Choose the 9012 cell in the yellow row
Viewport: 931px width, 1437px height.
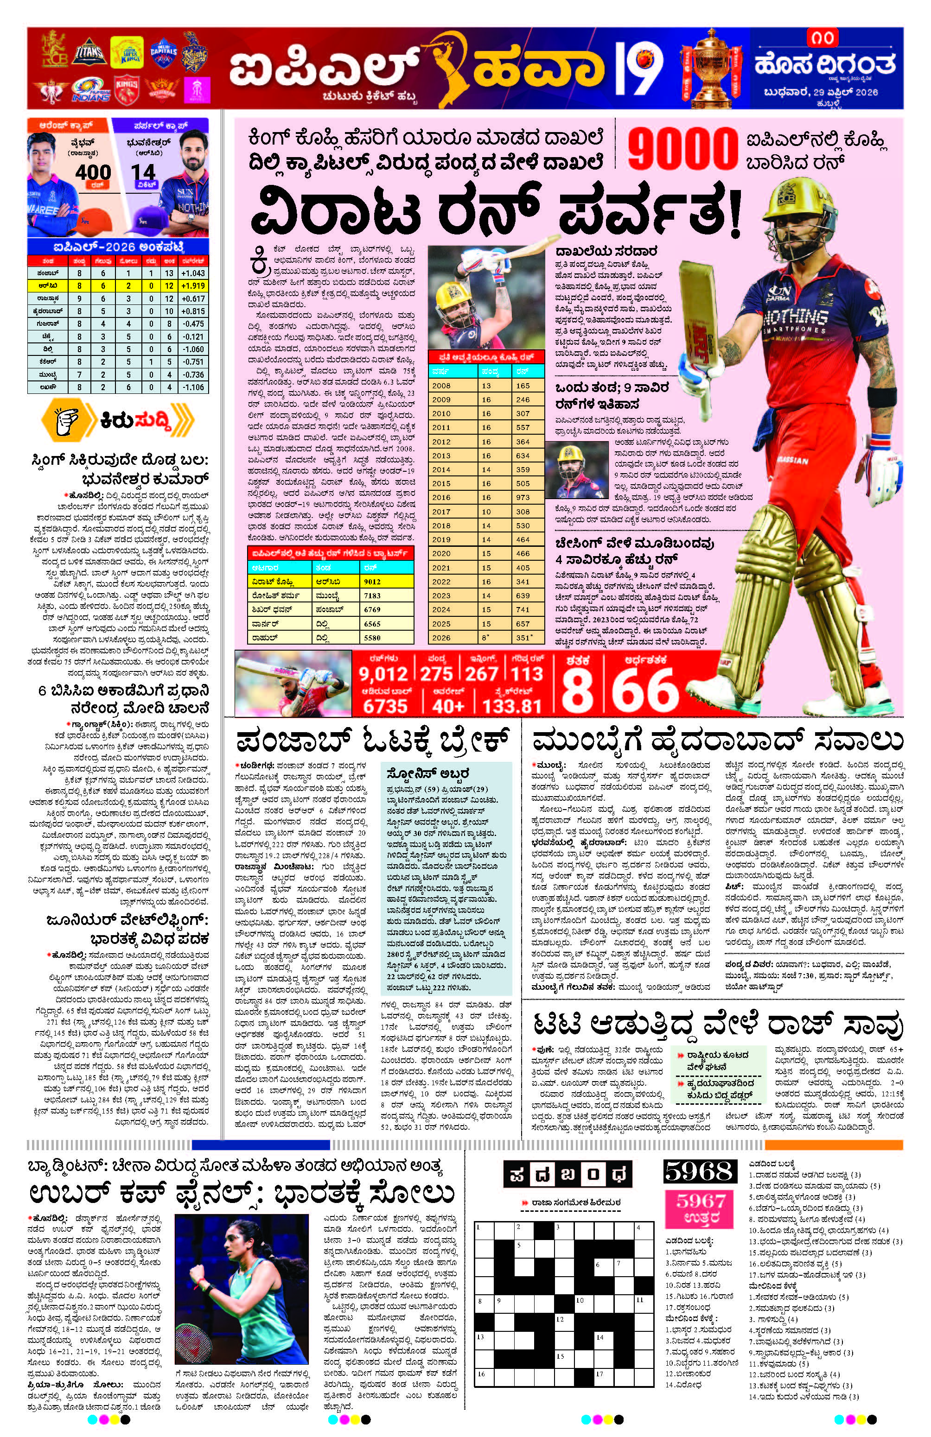point(372,582)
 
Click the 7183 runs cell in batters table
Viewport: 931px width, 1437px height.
point(372,595)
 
